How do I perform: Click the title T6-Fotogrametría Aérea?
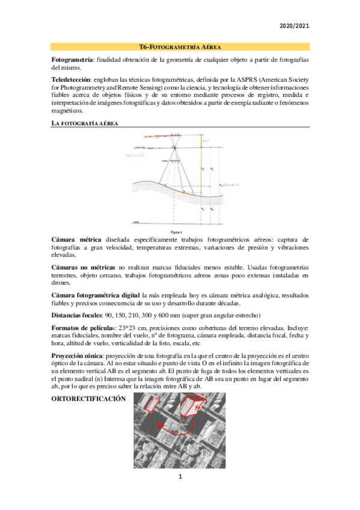click(x=180, y=46)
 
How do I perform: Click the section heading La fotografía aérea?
click(x=85, y=123)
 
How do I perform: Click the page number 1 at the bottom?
click(x=179, y=477)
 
